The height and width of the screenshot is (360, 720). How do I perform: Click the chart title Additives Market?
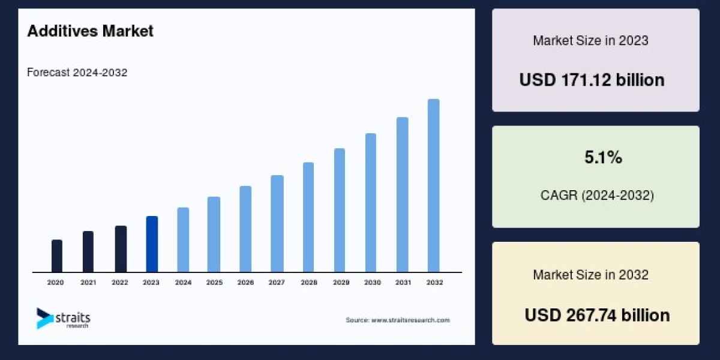90,31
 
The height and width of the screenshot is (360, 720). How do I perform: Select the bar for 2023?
152,244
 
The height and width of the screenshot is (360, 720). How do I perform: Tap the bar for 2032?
433,185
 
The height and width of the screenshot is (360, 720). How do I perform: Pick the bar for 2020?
57,256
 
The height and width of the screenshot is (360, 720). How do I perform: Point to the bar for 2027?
277,223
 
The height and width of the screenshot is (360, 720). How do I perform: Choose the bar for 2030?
371,202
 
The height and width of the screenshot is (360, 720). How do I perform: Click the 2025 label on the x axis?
214,282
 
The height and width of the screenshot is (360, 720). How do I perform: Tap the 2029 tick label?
340,282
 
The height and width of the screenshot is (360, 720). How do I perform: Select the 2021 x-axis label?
88,282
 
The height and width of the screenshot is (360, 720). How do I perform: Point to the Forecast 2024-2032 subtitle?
77,73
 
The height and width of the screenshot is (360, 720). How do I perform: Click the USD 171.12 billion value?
592,80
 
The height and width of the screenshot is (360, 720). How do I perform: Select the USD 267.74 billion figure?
597,315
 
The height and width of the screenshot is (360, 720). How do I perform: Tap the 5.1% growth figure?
603,158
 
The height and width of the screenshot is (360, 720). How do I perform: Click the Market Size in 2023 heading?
590,41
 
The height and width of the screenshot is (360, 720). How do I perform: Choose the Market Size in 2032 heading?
590,275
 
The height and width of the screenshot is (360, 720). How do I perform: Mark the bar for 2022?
121,248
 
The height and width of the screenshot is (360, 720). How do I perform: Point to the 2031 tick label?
403,282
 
